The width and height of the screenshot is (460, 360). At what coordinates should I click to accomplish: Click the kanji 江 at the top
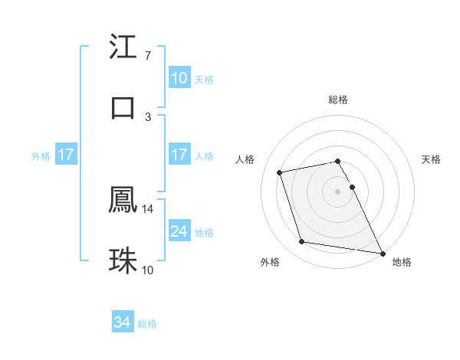(x=123, y=48)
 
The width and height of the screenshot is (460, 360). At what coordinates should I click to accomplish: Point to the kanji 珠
(x=123, y=261)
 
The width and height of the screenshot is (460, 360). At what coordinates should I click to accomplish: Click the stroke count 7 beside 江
(x=147, y=56)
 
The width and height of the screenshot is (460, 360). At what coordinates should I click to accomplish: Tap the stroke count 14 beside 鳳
(x=148, y=208)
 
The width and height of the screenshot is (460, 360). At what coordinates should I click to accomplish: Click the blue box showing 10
(x=179, y=78)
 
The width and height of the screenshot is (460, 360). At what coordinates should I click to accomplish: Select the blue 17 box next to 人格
(x=179, y=155)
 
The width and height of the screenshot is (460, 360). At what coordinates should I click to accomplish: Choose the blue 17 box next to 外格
(x=65, y=155)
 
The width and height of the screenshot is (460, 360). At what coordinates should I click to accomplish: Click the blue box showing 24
(x=179, y=231)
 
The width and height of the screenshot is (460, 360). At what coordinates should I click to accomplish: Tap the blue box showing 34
(x=123, y=322)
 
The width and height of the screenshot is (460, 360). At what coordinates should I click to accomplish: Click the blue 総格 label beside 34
(x=147, y=324)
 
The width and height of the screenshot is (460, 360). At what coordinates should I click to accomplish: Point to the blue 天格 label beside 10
(x=204, y=80)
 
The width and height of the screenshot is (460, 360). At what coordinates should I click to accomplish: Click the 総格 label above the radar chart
(x=338, y=100)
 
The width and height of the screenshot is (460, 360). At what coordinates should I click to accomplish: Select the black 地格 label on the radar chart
(x=402, y=263)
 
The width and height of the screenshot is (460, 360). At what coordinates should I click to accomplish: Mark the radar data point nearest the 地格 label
(x=382, y=253)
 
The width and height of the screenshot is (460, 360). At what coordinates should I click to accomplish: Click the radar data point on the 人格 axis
(x=280, y=172)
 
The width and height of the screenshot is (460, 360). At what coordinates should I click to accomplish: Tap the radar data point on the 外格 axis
(x=302, y=242)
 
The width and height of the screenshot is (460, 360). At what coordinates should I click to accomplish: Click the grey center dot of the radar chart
(x=338, y=191)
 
